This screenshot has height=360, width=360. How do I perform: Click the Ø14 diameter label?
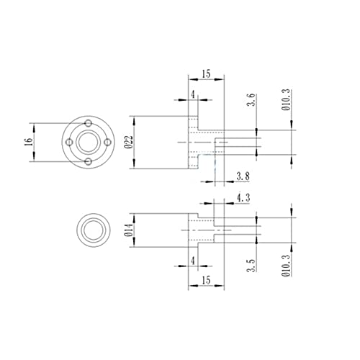point(128,230)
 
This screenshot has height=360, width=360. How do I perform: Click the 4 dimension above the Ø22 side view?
point(193,95)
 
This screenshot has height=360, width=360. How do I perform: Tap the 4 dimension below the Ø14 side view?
point(193,258)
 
